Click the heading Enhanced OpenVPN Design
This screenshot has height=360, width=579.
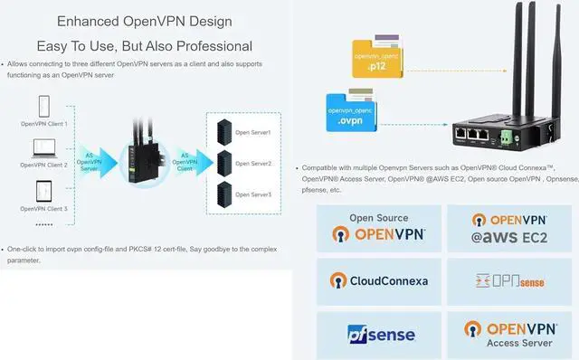point(144,21)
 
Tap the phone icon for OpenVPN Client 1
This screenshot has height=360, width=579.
point(44,106)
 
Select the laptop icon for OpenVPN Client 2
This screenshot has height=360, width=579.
point(44,148)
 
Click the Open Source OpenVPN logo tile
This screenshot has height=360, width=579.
point(379,228)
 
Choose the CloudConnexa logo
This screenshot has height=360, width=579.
point(379,280)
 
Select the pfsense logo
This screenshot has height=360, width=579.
point(379,334)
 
